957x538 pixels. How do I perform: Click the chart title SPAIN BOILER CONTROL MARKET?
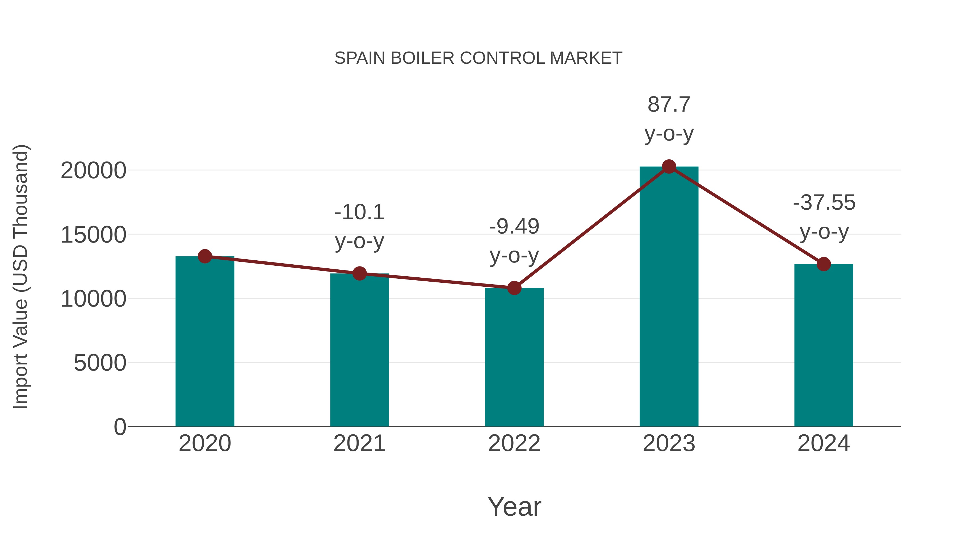478,58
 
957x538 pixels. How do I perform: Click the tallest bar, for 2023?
669,297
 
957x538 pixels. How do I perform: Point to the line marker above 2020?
205,256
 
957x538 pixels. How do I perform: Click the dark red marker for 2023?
669,167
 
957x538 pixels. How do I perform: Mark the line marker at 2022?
514,288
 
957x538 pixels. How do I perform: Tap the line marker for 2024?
824,264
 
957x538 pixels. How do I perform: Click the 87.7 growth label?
669,105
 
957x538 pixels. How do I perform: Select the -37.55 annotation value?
824,203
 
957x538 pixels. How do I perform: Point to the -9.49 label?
514,226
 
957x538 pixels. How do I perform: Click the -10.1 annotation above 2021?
359,212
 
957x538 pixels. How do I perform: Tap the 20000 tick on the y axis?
93,171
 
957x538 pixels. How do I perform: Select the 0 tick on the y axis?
120,427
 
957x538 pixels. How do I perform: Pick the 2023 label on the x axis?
669,443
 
